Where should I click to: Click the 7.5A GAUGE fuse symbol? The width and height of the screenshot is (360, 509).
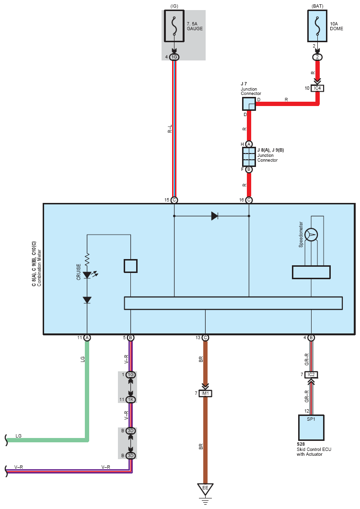[174, 26]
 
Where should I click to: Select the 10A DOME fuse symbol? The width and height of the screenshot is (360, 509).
[317, 26]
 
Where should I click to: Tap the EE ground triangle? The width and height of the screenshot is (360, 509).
[205, 489]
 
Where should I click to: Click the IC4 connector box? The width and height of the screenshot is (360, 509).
[317, 88]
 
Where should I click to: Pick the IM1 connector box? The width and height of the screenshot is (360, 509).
[205, 393]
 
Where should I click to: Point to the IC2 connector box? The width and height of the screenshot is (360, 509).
[311, 375]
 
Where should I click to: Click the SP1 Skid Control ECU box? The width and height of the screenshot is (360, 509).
[311, 427]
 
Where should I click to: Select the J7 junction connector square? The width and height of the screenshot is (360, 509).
[249, 104]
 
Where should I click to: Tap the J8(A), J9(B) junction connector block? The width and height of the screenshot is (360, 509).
[249, 157]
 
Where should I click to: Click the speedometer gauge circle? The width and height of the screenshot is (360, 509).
[312, 235]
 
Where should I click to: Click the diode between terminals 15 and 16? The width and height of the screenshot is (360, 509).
[214, 216]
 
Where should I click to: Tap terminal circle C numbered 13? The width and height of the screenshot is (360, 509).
[205, 338]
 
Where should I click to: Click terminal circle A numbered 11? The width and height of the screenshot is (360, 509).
[87, 338]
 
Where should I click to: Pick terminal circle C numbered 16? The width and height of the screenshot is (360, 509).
[249, 200]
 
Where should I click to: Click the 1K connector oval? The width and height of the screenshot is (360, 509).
[130, 400]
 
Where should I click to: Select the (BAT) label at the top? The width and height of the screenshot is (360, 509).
[317, 6]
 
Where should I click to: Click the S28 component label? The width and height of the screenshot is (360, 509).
[301, 444]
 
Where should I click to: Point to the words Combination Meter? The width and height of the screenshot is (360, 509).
[39, 268]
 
